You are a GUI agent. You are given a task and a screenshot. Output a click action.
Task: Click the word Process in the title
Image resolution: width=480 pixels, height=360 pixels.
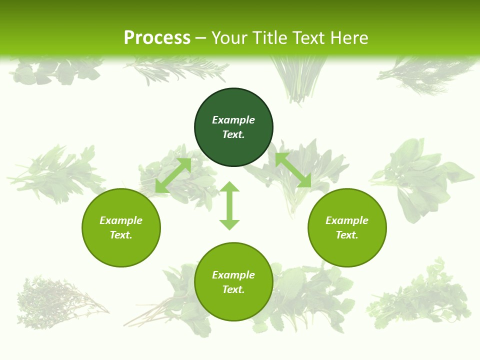click(x=157, y=38)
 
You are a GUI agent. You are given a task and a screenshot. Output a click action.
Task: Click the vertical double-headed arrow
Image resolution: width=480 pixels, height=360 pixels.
click(x=229, y=205)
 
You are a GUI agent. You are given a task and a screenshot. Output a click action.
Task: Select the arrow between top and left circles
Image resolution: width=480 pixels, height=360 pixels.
click(x=173, y=175)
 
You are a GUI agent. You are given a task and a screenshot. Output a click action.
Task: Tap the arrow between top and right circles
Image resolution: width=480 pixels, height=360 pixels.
click(x=293, y=170)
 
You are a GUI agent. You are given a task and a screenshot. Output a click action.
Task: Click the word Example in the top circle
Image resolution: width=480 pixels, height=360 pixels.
click(x=233, y=120)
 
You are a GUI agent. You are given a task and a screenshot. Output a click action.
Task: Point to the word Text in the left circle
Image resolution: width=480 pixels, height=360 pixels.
click(x=121, y=235)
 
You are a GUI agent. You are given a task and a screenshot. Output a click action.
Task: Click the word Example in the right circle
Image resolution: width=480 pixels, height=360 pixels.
click(x=347, y=220)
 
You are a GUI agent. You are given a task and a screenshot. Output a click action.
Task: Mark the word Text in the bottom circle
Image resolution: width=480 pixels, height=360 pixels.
click(x=233, y=289)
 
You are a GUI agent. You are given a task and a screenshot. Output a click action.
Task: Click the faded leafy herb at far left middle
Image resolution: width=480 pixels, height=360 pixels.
click(x=55, y=172)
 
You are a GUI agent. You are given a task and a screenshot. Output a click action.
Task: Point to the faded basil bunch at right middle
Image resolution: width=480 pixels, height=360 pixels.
click(x=420, y=177)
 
